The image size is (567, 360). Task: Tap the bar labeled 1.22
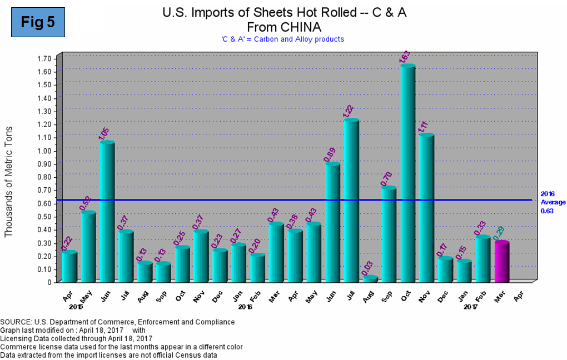(x=351, y=200)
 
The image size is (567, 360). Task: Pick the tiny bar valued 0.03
(x=370, y=278)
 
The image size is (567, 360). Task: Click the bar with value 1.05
(x=107, y=211)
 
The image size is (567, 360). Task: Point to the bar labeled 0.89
(x=332, y=222)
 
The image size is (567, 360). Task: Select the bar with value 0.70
(x=389, y=234)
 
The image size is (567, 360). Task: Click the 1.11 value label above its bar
(x=425, y=125)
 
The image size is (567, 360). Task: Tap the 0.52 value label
(x=87, y=203)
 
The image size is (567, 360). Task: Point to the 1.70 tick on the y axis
(x=44, y=58)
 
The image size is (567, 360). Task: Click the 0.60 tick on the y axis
(x=44, y=203)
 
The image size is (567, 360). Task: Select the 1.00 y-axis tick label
(x=44, y=151)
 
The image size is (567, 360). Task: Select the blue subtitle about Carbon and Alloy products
(x=282, y=39)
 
